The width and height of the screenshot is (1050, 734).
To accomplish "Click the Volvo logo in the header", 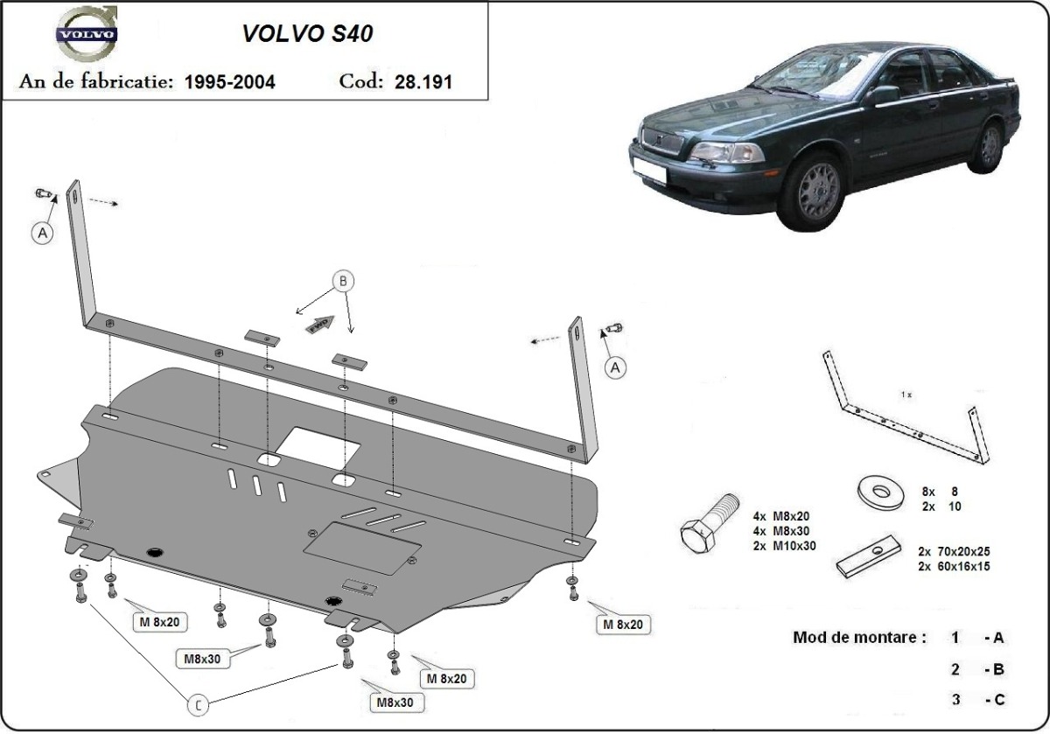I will pyautogui.click(x=86, y=37).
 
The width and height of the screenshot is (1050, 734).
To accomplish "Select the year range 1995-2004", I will pyautogui.click(x=230, y=82).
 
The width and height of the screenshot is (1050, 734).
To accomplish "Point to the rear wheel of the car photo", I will pyautogui.click(x=989, y=146).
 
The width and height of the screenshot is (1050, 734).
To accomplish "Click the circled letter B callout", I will pyautogui.click(x=343, y=281).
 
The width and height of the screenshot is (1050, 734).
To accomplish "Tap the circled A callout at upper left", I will pyautogui.click(x=41, y=232).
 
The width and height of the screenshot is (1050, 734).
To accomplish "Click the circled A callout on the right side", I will pyautogui.click(x=616, y=368).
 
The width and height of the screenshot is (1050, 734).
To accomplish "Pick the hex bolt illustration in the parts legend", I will pyautogui.click(x=708, y=524).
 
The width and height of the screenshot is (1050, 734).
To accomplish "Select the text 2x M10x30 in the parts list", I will pyautogui.click(x=784, y=545).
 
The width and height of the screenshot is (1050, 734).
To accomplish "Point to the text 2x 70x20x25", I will pyautogui.click(x=954, y=551).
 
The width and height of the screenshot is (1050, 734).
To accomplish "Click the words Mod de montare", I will pyautogui.click(x=858, y=637).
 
